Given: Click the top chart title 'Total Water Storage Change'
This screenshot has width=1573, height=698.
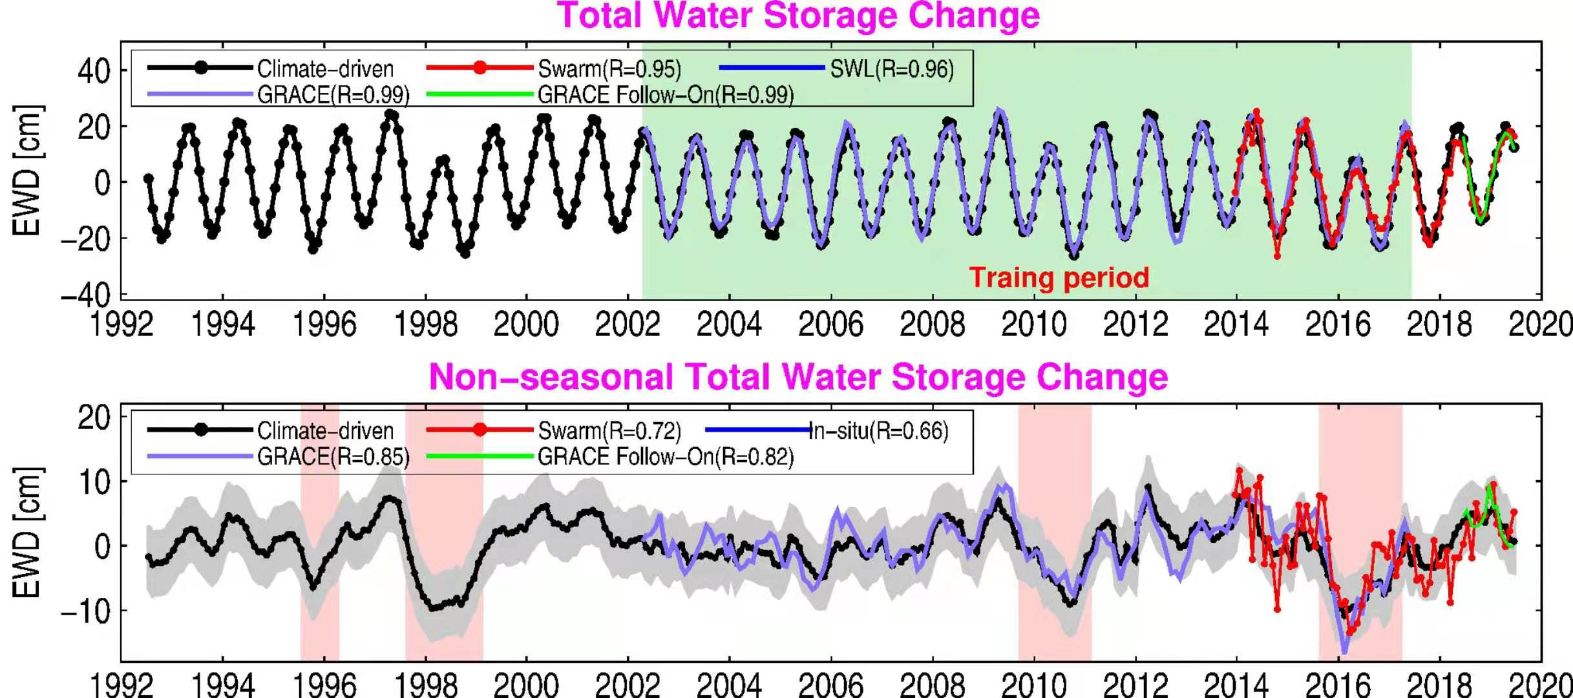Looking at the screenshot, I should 798,16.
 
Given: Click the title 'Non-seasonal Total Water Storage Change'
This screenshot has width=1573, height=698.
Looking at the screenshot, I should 798,377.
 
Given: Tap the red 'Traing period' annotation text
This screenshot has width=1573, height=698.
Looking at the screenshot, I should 1059,278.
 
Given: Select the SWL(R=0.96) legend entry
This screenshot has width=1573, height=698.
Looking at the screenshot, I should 891,69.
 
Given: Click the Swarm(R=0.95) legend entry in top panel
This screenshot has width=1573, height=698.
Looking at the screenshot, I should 609,69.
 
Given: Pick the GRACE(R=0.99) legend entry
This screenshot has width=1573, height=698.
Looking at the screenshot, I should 333,95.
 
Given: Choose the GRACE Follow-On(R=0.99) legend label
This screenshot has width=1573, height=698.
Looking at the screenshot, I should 666,95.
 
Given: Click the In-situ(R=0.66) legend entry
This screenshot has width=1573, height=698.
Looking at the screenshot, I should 878,430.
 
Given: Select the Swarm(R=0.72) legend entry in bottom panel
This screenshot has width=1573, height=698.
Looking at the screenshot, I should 609,430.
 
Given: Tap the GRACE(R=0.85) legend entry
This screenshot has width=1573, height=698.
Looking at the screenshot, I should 333,457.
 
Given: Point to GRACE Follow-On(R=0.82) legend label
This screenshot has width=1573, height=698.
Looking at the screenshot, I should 666,457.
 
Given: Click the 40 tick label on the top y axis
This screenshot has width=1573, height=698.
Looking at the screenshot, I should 94,70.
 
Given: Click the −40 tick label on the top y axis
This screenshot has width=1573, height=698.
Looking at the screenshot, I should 85,295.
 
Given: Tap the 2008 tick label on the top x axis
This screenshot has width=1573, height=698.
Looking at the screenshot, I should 932,324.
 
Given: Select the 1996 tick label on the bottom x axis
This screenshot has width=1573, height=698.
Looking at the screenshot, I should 324,685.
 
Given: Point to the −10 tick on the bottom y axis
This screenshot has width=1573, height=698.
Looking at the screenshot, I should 85,611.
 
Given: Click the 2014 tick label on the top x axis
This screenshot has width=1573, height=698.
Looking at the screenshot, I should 1236,324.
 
